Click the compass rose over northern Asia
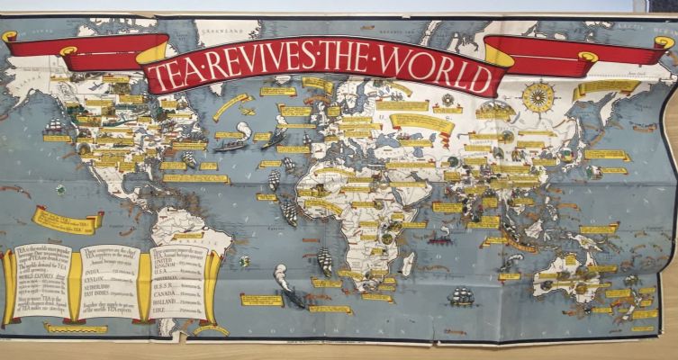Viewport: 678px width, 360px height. [538, 97]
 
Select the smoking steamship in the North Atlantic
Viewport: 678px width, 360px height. [232, 144]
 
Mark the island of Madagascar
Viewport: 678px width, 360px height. [407, 262]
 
